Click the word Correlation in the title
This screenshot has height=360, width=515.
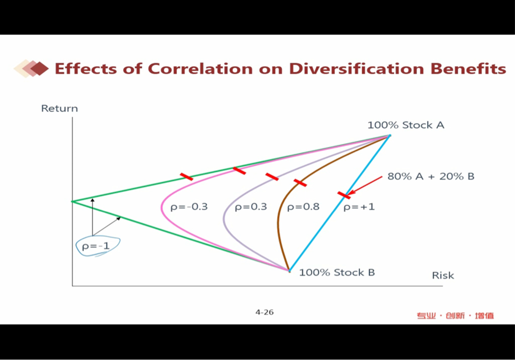click(x=200, y=69)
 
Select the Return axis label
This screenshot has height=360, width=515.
click(x=59, y=109)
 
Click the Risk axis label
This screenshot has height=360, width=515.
click(x=443, y=275)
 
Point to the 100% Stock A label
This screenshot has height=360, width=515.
click(x=406, y=125)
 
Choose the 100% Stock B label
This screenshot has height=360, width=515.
click(x=336, y=273)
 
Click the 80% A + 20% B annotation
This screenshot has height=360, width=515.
click(x=431, y=176)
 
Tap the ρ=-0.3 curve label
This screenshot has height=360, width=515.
click(x=189, y=207)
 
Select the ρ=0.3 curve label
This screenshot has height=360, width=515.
click(x=250, y=207)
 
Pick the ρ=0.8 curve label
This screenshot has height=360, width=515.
click(x=303, y=207)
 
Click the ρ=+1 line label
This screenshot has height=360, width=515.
click(x=359, y=207)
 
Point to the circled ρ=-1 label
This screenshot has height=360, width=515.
click(x=96, y=246)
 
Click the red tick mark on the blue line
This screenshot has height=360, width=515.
click(x=344, y=196)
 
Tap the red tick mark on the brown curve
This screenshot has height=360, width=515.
click(x=300, y=183)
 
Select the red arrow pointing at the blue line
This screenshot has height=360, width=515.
click(x=365, y=186)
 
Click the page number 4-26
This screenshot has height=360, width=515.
click(x=265, y=312)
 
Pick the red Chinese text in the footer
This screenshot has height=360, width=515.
click(x=455, y=316)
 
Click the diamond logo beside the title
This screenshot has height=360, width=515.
click(x=31, y=68)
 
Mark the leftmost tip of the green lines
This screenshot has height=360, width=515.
click(x=72, y=201)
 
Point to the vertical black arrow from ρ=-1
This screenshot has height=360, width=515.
click(x=93, y=217)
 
